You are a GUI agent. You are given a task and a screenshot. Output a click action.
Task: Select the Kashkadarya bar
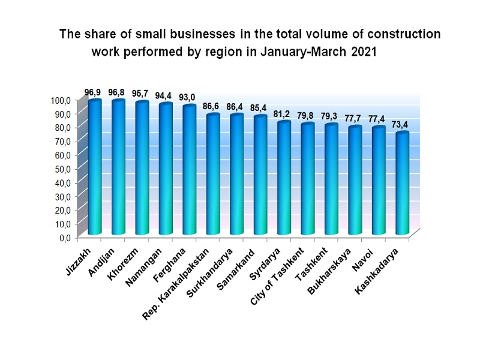point(402,183)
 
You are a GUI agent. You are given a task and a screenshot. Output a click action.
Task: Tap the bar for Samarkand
point(260,175)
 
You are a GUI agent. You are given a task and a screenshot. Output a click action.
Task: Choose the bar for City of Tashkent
point(307,178)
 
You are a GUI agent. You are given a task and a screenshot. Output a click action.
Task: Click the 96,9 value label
point(92,92)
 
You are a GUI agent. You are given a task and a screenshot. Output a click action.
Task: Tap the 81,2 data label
point(283,113)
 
